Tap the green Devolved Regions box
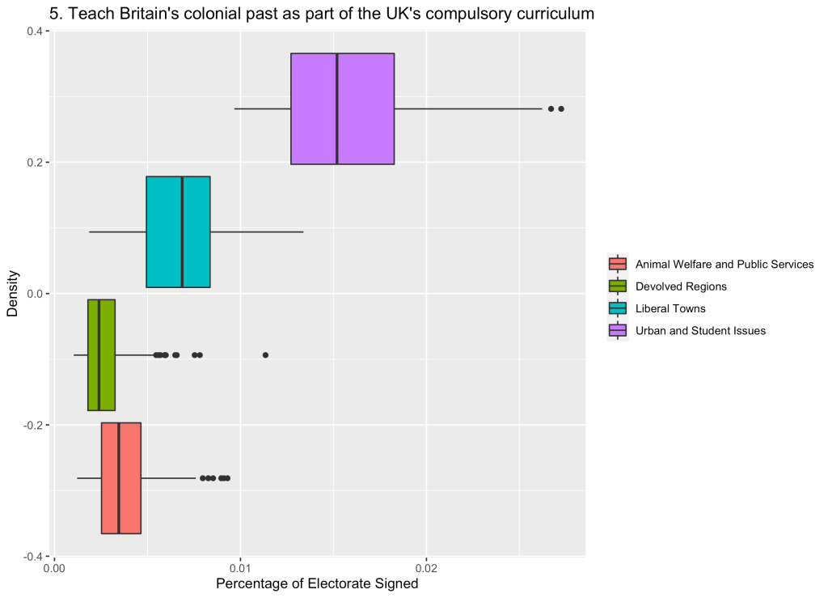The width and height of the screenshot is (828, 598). click(x=107, y=354)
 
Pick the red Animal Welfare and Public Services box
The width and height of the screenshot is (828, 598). click(x=129, y=477)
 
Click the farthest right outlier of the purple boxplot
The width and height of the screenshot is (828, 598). click(x=560, y=108)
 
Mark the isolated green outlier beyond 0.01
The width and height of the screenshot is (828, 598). click(x=265, y=354)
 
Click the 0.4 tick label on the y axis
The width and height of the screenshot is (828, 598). click(x=36, y=31)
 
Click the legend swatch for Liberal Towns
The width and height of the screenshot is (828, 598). click(x=618, y=308)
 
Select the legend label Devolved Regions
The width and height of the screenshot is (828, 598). click(x=681, y=286)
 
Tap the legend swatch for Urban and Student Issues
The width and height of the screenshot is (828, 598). click(x=618, y=330)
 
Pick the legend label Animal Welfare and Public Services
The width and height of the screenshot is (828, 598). click(x=724, y=265)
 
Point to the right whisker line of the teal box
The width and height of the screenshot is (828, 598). click(x=256, y=231)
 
